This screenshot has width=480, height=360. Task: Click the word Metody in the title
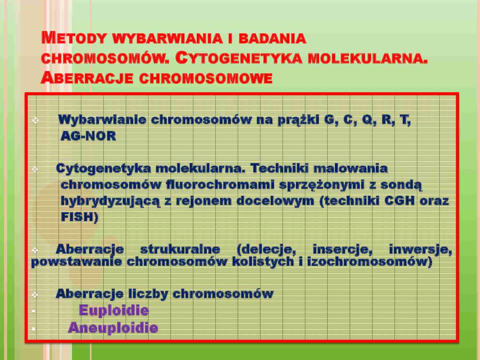tap(74, 38)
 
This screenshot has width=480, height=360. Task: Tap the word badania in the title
tap(272, 38)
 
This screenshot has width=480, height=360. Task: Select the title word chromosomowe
tap(206, 78)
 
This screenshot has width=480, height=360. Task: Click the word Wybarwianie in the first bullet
tap(102, 120)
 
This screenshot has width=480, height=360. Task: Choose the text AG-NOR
tap(88, 136)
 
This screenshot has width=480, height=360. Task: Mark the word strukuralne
tap(180, 249)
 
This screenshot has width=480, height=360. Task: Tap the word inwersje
tap(420, 249)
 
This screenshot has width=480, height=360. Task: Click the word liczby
tap(148, 294)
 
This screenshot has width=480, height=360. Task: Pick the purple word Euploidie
tap(114, 310)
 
